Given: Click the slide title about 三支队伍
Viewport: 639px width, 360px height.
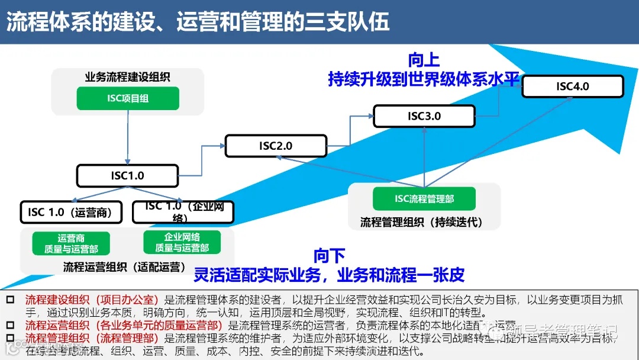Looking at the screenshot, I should pos(198,21).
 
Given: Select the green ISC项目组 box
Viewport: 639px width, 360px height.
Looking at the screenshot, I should pos(128,98).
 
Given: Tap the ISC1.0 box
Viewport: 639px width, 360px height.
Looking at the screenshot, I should pos(127,176).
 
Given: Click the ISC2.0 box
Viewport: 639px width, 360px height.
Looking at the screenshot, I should pos(276,146).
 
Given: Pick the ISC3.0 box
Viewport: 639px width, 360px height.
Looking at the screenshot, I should pos(424,116).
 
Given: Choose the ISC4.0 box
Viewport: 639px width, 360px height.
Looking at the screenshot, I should pos(572,86).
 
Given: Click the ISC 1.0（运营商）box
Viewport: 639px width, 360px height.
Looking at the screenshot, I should pos(70,212).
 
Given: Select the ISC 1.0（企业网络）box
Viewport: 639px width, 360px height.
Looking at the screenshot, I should pos(183,212).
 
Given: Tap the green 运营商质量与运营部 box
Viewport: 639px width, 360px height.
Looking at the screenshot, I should pos(71,243).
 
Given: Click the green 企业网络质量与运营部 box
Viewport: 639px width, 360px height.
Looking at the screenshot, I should pos(182,242).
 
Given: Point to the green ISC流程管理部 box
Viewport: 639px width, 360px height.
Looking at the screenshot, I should pos(424,199).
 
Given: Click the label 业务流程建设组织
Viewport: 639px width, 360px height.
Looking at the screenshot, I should pos(128,76).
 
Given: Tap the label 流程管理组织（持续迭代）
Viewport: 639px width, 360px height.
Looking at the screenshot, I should pos(422,223).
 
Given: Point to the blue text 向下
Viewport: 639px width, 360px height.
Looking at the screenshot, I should pos(330,256).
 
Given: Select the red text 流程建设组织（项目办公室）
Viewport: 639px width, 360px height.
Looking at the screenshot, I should pos(92,300).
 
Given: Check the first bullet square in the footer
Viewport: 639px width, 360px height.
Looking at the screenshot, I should pos(10,300).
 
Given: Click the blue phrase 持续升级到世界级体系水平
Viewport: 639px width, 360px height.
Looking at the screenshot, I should pos(424,79).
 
